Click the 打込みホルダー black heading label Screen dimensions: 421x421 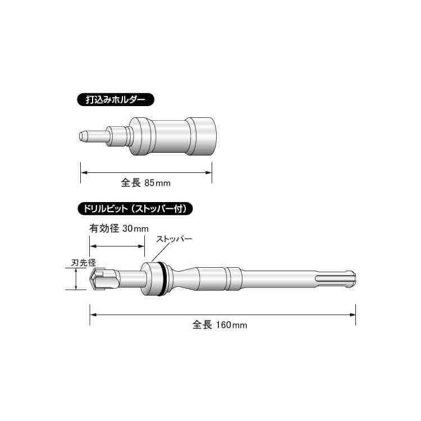(116, 99)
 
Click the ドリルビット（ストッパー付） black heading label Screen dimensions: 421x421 (135, 209)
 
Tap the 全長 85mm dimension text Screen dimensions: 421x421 (146, 183)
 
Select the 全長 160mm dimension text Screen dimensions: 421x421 (219, 325)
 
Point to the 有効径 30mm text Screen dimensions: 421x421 (119, 228)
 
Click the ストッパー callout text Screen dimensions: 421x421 (175, 239)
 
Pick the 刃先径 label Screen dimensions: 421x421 (84, 263)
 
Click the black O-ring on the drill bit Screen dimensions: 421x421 (162, 278)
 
